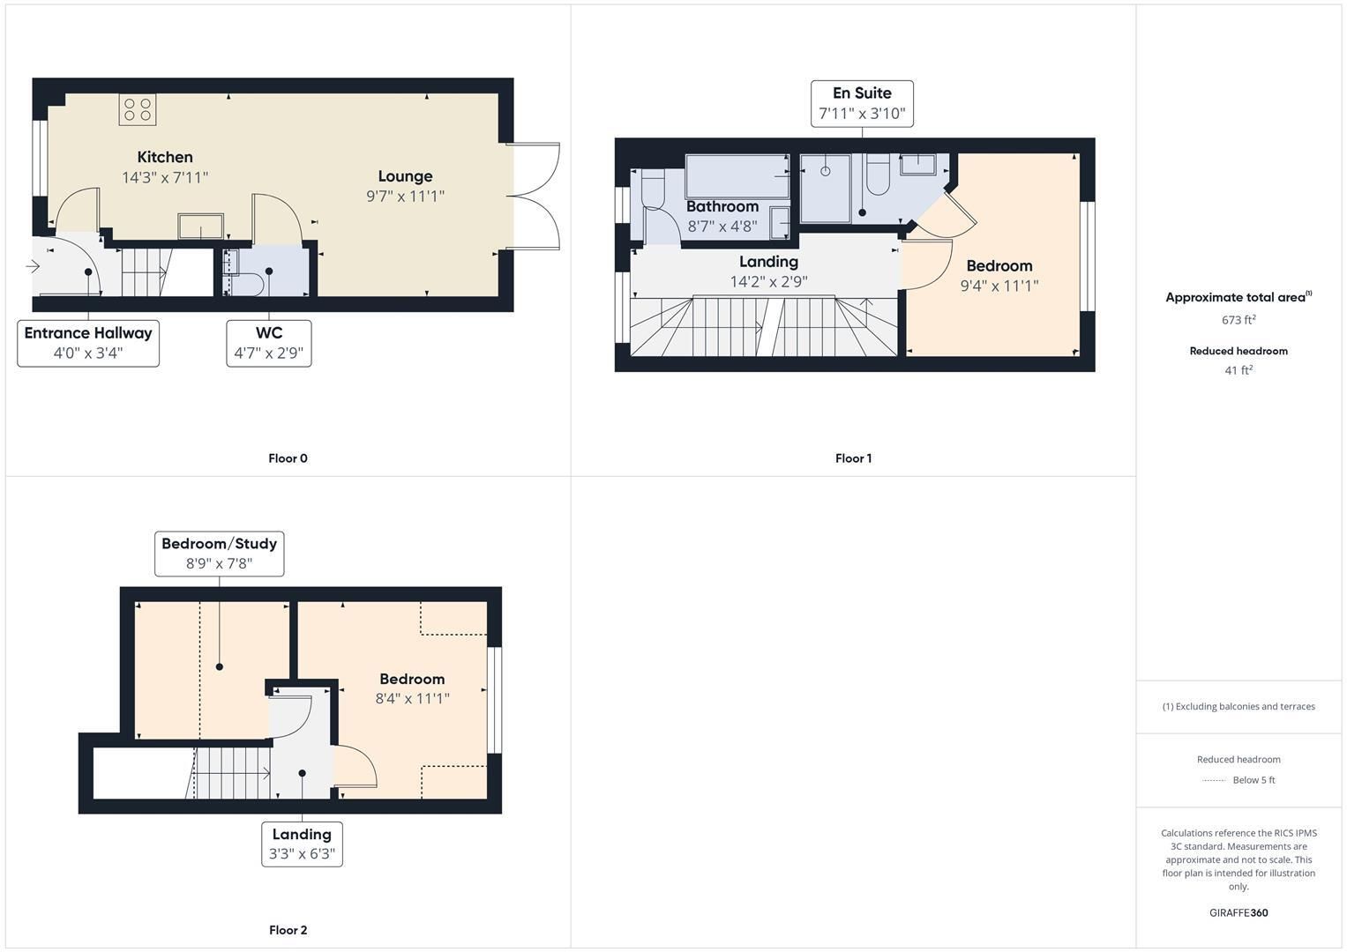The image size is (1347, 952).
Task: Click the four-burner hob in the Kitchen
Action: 137,109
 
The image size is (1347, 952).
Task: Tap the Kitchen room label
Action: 165,157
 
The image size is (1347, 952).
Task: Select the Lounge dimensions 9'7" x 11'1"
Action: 405,196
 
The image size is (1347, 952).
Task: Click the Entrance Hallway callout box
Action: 88,343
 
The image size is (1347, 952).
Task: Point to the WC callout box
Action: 269,343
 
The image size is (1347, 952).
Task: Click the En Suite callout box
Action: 862,103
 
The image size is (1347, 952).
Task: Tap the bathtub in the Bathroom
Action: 737,176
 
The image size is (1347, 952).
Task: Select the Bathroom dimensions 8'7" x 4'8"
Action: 722,227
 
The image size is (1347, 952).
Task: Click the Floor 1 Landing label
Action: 768,262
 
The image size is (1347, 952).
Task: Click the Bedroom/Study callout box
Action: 220,554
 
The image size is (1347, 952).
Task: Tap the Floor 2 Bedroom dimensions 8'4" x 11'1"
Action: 413,698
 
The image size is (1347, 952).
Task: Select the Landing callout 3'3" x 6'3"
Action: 302,844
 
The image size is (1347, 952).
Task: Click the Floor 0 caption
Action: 288,458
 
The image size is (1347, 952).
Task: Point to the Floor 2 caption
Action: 288,930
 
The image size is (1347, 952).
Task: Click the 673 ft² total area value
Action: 1238,320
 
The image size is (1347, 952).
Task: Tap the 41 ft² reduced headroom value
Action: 1238,370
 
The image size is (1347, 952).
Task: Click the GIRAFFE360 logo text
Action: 1238,912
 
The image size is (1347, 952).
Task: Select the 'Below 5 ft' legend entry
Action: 1253,779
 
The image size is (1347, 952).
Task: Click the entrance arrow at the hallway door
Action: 33,265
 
